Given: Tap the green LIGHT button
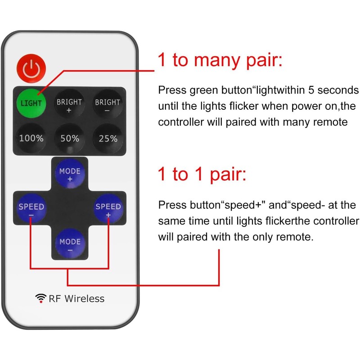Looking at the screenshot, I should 31,103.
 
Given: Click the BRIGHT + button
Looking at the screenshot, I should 69,103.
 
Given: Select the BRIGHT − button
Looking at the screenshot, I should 108,103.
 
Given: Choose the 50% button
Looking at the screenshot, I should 70,139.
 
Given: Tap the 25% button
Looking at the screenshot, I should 108,139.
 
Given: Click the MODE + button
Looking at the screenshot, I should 70,175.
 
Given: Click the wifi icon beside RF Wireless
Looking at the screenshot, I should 41,298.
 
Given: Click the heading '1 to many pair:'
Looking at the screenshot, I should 220,60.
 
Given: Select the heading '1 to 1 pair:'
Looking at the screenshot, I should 202,174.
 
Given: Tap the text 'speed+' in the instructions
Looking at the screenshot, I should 244,206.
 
